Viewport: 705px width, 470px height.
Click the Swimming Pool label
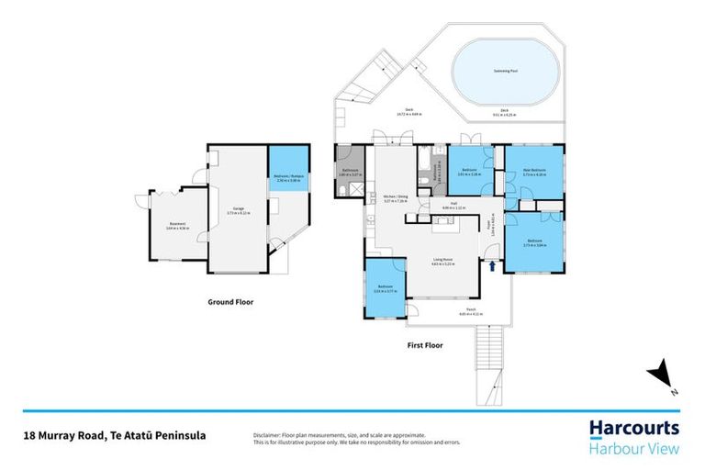tap(500, 70)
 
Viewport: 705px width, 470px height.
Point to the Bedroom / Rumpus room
tap(289, 178)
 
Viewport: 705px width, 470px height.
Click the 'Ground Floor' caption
tap(230, 301)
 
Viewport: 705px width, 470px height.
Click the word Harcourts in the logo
tap(633, 429)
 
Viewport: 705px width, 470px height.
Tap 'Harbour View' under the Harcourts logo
tap(633, 448)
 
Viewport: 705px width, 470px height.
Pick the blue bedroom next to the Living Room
tap(386, 287)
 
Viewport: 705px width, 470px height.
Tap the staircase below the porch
tap(488, 363)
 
